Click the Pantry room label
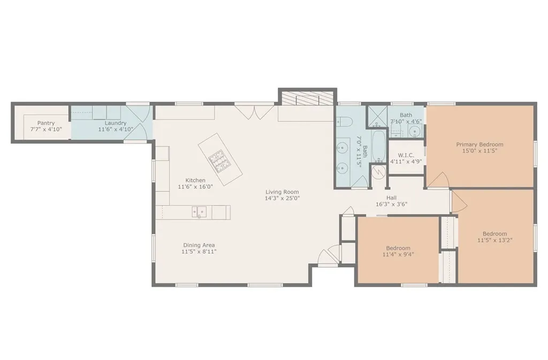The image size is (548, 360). (46, 123)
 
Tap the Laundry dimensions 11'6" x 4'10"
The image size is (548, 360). (116, 129)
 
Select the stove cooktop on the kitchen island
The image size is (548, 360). (218, 161)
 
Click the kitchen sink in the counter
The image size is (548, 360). (199, 212)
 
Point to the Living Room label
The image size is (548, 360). (282, 192)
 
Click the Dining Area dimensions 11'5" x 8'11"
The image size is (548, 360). (199, 251)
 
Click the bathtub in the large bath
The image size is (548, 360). (378, 146)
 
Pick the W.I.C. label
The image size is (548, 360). (406, 155)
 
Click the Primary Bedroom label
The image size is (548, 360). (479, 144)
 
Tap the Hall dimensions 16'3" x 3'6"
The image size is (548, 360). (391, 204)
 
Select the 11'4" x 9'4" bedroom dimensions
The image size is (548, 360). (398, 255)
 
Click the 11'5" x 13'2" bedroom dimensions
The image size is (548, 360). (495, 240)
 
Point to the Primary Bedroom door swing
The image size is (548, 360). (438, 180)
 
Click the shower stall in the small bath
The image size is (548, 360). (377, 116)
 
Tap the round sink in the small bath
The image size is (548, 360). (415, 131)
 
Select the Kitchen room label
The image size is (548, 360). (195, 180)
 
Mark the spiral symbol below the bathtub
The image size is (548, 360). (378, 171)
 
